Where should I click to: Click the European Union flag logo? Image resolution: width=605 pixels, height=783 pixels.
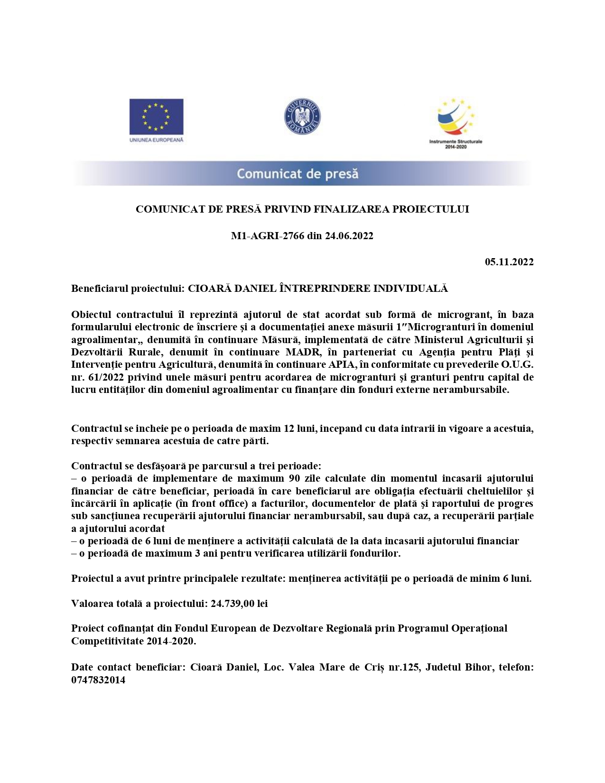(156, 116)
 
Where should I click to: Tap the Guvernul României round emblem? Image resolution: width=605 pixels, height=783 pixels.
(302, 116)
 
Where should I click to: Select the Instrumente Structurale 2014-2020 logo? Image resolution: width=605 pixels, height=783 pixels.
(456, 122)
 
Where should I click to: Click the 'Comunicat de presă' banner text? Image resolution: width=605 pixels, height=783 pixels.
(298, 174)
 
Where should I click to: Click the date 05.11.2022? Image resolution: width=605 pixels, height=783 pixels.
(509, 262)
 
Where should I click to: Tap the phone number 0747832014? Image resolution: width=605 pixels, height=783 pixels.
(98, 680)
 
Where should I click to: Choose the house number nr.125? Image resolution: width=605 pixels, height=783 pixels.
(404, 667)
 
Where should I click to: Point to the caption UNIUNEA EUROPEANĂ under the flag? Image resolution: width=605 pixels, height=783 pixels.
(156, 140)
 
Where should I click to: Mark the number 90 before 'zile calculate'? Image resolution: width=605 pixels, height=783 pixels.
(294, 478)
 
